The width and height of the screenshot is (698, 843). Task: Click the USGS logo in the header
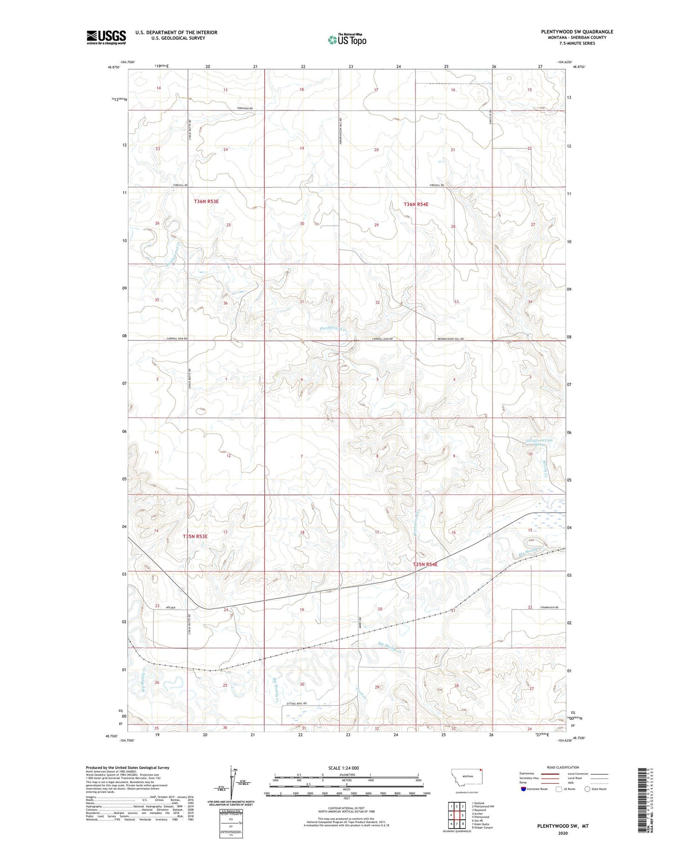(x=106, y=37)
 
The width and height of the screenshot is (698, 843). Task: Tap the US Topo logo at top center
(x=347, y=40)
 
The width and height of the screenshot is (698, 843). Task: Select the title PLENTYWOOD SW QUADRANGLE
(x=577, y=32)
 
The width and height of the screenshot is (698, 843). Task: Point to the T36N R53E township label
(x=206, y=201)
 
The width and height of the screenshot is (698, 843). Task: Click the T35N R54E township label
(x=425, y=564)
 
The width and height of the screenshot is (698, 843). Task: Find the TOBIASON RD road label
(x=244, y=108)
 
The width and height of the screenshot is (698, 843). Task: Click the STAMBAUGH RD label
(x=551, y=607)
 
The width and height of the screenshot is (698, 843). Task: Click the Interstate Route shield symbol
(x=524, y=789)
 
